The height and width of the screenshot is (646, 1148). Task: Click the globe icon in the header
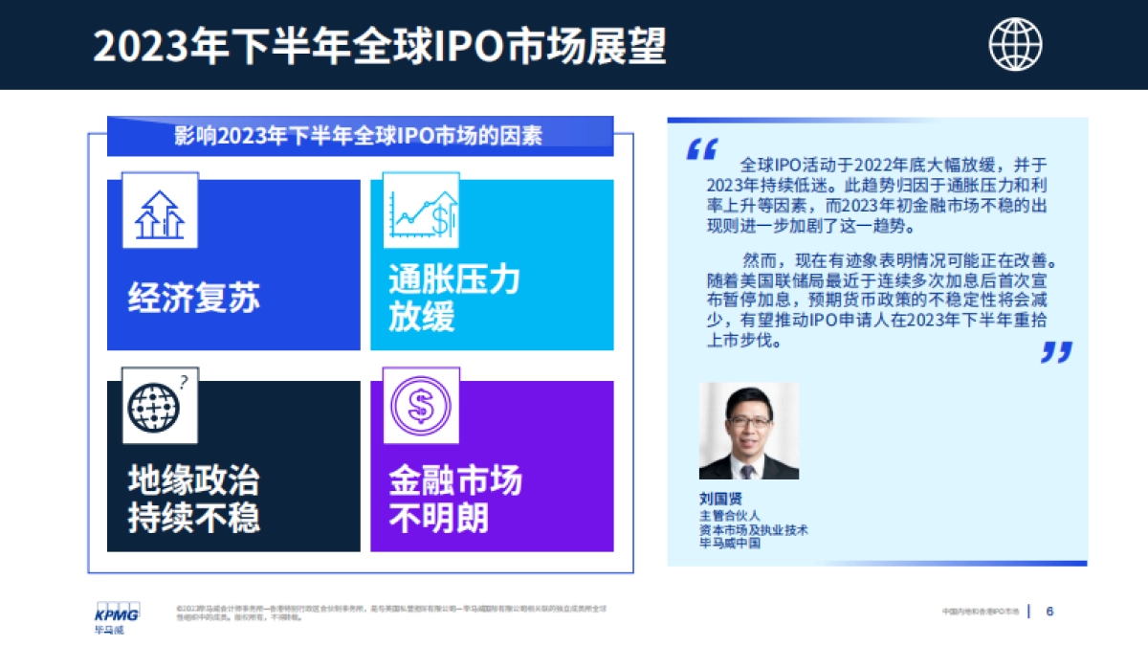pyautogui.click(x=1015, y=44)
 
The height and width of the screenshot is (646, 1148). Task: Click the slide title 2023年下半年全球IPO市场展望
pyautogui.click(x=380, y=46)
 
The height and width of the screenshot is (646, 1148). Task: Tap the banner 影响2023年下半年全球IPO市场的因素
pyautogui.click(x=359, y=136)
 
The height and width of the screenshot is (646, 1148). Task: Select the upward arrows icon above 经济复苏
pyautogui.click(x=160, y=212)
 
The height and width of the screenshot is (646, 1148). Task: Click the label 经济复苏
pyautogui.click(x=194, y=299)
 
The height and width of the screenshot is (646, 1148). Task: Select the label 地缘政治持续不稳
pyautogui.click(x=194, y=500)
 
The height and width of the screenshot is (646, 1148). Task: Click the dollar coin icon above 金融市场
pyautogui.click(x=420, y=407)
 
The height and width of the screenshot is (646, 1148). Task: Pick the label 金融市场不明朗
pyautogui.click(x=454, y=500)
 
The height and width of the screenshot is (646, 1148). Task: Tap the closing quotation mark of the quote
pyautogui.click(x=1056, y=352)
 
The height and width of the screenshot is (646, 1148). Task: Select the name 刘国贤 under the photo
pyautogui.click(x=720, y=499)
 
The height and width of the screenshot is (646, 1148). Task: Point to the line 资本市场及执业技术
pyautogui.click(x=753, y=529)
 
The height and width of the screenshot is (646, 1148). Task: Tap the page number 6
pyautogui.click(x=1049, y=612)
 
